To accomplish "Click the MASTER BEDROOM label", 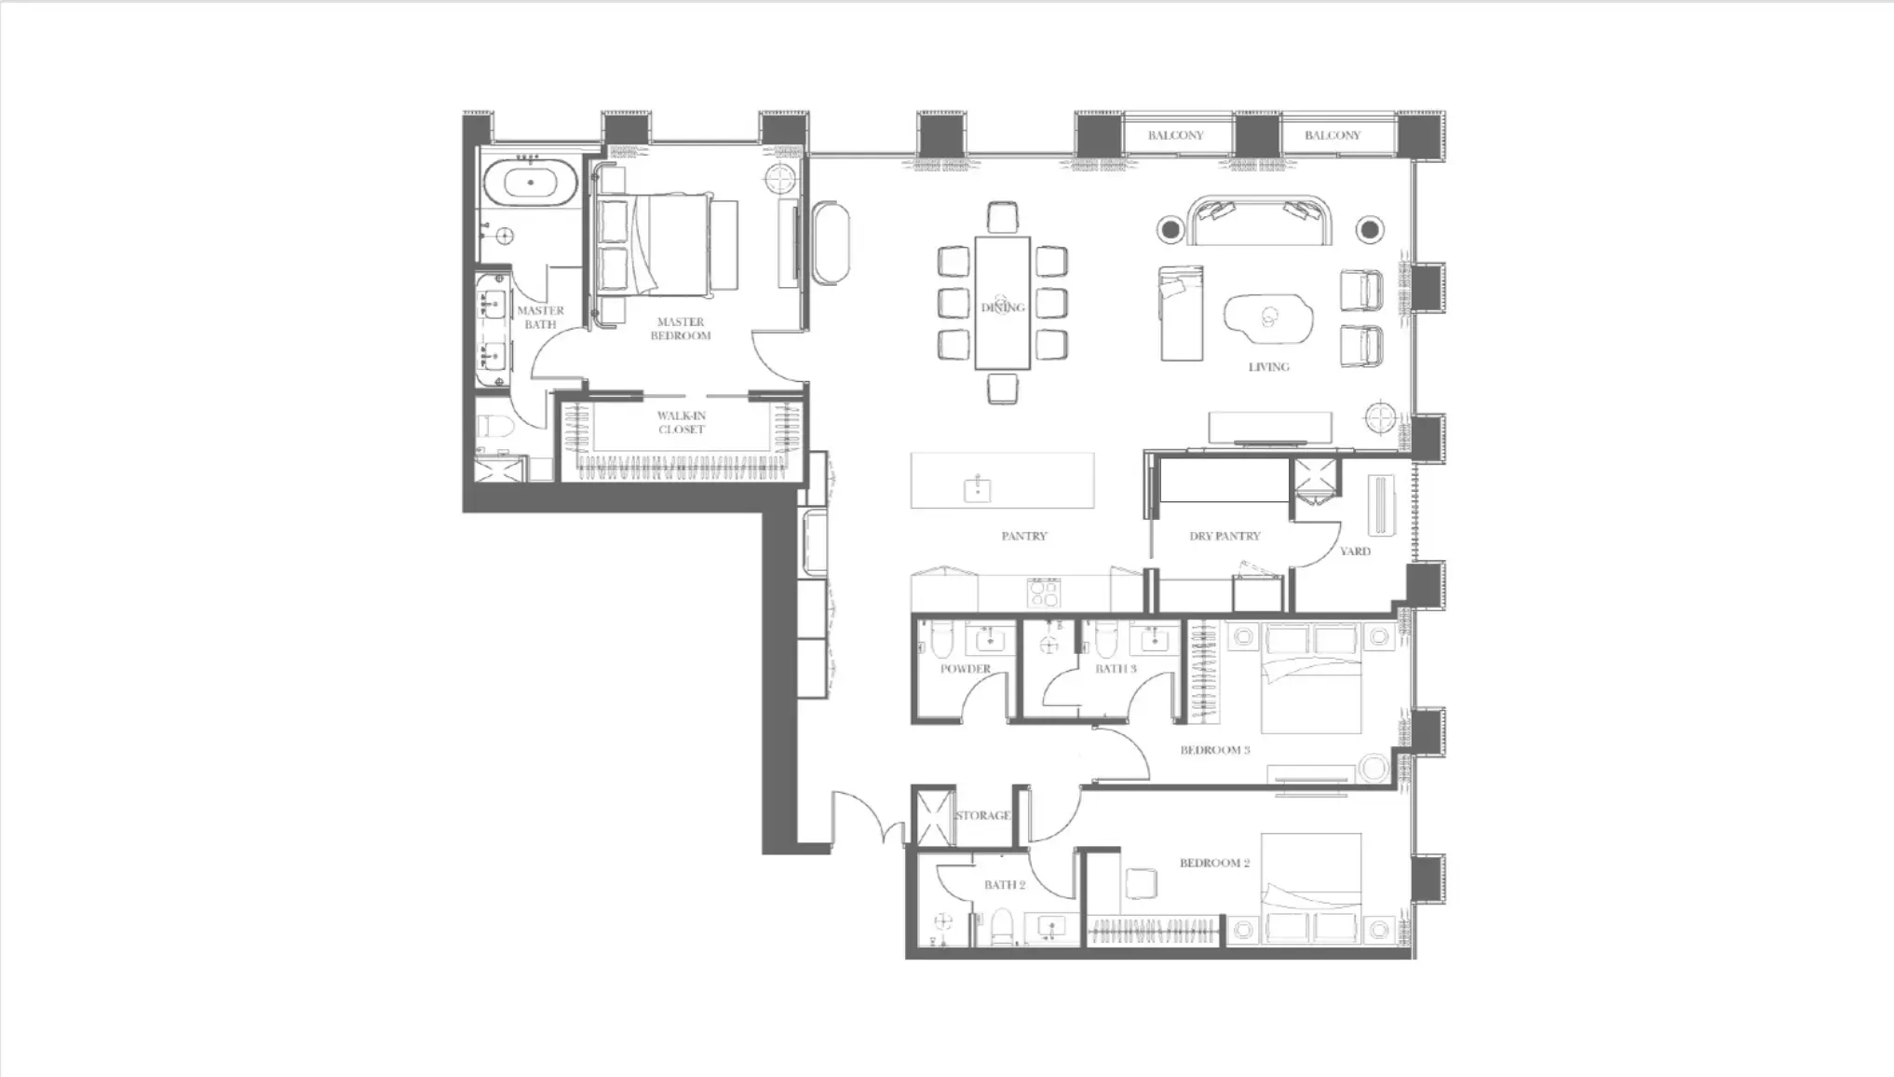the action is pyautogui.click(x=680, y=329).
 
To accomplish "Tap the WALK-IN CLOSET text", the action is pyautogui.click(x=682, y=423).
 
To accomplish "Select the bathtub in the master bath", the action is pyautogui.click(x=531, y=183).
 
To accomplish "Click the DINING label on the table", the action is pyautogui.click(x=1003, y=307).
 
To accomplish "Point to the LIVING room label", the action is pyautogui.click(x=1269, y=367).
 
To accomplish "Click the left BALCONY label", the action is pyautogui.click(x=1175, y=135).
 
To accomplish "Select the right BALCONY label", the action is pyautogui.click(x=1333, y=135).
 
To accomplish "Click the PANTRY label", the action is pyautogui.click(x=1024, y=537).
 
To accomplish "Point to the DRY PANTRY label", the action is pyautogui.click(x=1224, y=537).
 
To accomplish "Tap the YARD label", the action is pyautogui.click(x=1355, y=552).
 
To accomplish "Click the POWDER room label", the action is pyautogui.click(x=966, y=669).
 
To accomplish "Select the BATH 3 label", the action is pyautogui.click(x=1116, y=669).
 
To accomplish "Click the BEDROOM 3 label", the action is pyautogui.click(x=1215, y=750).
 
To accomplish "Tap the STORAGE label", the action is pyautogui.click(x=982, y=816).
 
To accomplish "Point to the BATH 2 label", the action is pyautogui.click(x=1005, y=885).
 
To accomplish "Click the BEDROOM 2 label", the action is pyautogui.click(x=1215, y=864).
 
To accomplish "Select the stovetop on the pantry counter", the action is pyautogui.click(x=1043, y=593).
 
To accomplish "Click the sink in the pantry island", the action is pyautogui.click(x=978, y=489).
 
